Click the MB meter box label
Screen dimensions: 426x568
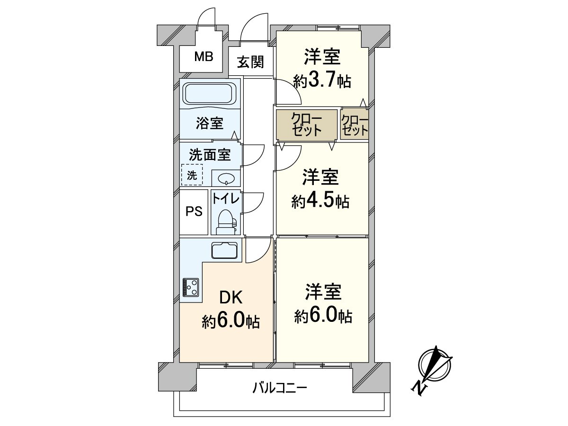point(204,57)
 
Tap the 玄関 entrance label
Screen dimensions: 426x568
point(250,62)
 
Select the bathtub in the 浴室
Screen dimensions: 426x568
point(210,93)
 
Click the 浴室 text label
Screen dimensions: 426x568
point(210,124)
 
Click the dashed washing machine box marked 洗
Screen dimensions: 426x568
point(192,175)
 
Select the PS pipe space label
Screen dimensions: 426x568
point(194,212)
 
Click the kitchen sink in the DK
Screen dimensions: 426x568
point(225,250)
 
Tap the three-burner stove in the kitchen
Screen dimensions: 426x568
point(191,287)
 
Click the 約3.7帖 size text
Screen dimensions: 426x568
point(322,81)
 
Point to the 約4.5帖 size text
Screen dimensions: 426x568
point(320,202)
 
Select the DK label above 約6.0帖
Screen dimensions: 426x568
point(231,298)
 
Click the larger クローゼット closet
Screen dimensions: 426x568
point(306,124)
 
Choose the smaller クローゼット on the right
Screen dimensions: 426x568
point(355,124)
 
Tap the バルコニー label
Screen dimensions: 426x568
point(280,389)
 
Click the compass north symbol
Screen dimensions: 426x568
point(433,369)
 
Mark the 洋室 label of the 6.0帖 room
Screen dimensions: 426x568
point(323,292)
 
